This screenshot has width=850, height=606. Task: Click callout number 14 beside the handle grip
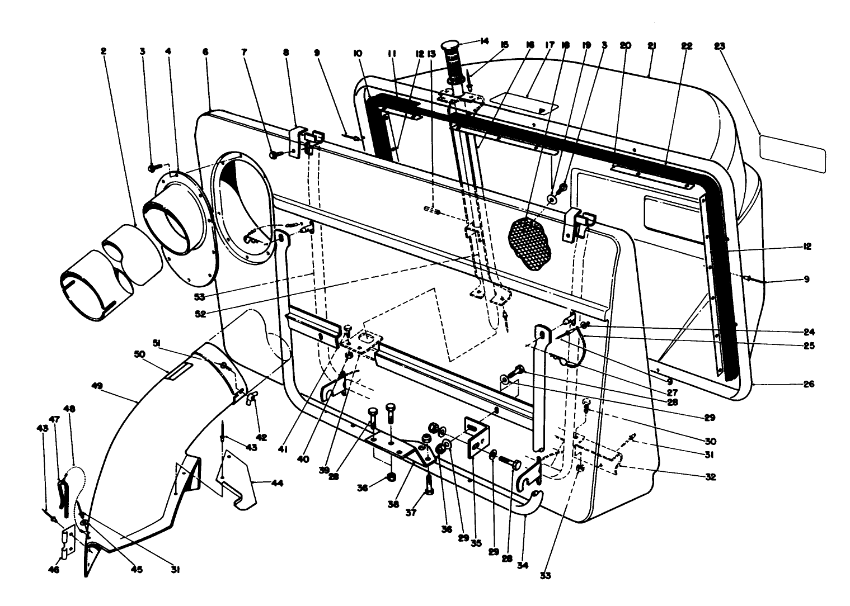point(484,40)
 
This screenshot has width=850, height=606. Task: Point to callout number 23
point(719,46)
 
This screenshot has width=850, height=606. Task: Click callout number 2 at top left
point(104,51)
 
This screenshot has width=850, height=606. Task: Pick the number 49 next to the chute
point(98,385)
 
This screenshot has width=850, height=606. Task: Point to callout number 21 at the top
point(651,46)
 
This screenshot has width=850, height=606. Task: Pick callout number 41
point(283,448)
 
